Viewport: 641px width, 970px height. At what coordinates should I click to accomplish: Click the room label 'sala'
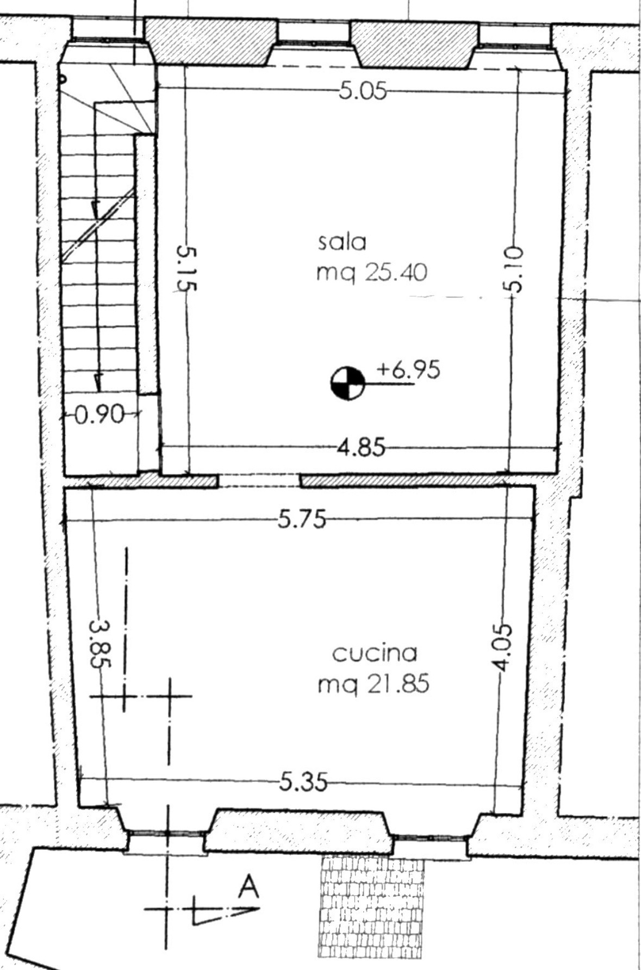pyautogui.click(x=342, y=242)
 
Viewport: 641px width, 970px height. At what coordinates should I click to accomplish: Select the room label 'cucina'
pyautogui.click(x=374, y=653)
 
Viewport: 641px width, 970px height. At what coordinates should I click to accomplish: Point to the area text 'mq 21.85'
pyautogui.click(x=374, y=683)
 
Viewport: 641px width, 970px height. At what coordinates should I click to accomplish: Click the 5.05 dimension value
pyautogui.click(x=363, y=91)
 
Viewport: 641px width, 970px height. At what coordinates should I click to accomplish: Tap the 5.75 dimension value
pyautogui.click(x=302, y=520)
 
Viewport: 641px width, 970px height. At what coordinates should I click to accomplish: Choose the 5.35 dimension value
pyautogui.click(x=303, y=783)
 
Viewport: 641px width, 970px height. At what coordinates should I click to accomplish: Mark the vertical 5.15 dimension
pyautogui.click(x=187, y=269)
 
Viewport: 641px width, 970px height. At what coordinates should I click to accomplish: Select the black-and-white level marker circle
pyautogui.click(x=347, y=384)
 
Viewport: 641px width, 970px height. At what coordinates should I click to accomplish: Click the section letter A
pyautogui.click(x=248, y=888)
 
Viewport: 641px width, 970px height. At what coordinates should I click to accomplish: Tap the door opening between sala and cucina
pyautogui.click(x=259, y=481)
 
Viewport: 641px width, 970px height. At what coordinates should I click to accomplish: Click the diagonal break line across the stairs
pyautogui.click(x=98, y=225)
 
